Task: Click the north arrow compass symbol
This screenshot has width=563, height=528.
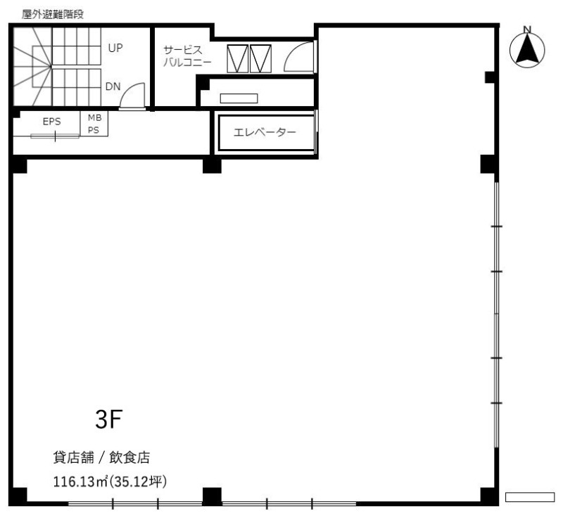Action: (x=526, y=48)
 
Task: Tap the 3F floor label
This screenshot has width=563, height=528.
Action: (x=109, y=419)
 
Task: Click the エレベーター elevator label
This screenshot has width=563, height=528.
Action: (x=265, y=132)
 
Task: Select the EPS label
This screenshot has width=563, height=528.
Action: (x=51, y=122)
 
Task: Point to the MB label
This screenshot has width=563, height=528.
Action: (x=95, y=117)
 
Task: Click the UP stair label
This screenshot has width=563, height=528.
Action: (x=115, y=48)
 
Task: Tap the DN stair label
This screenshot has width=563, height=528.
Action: (x=113, y=86)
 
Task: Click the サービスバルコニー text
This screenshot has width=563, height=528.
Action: (x=187, y=56)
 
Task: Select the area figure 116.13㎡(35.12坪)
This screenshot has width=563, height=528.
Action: (x=110, y=482)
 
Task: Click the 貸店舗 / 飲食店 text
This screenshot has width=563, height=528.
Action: (x=101, y=457)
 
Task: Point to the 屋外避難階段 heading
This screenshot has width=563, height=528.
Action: (x=52, y=14)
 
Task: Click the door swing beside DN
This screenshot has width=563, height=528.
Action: (x=132, y=96)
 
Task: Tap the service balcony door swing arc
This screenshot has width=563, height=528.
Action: (x=298, y=57)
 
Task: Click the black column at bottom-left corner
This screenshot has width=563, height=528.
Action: (x=18, y=496)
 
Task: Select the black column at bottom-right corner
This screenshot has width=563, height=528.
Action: (x=489, y=496)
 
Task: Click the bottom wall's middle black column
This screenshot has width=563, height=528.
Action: (x=212, y=496)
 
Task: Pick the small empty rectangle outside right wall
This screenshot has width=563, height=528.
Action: (x=530, y=497)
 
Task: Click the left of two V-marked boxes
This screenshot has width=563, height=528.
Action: (x=237, y=58)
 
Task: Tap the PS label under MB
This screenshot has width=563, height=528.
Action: (x=94, y=130)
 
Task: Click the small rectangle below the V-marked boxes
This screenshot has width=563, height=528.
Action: (x=239, y=98)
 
